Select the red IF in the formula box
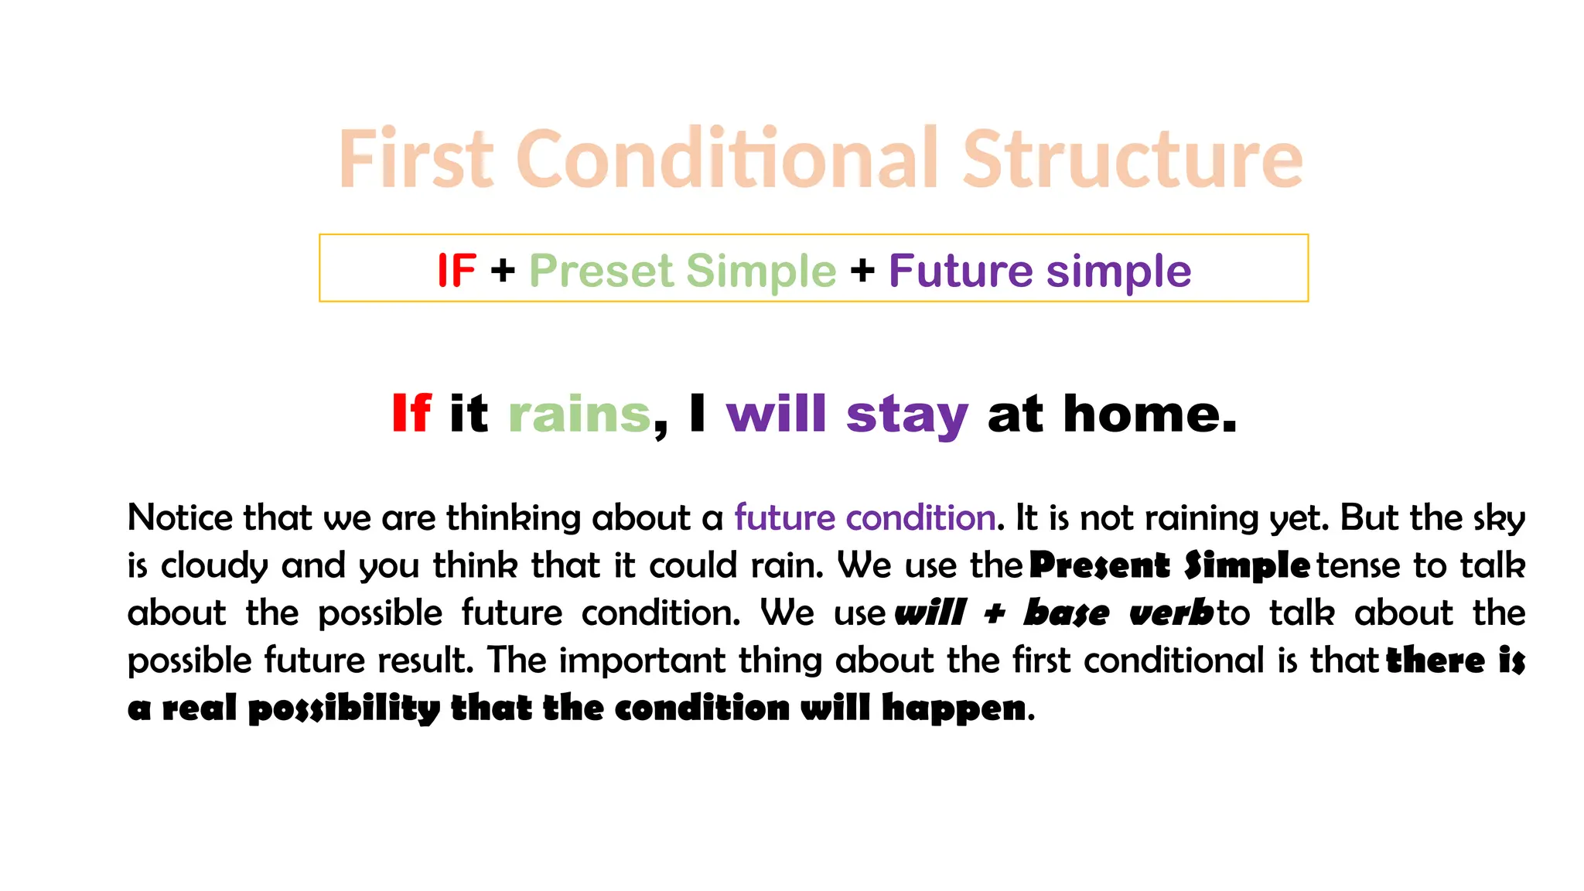point(456,271)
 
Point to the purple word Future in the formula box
point(960,271)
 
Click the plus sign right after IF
point(503,271)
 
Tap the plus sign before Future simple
point(862,271)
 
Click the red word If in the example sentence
point(411,413)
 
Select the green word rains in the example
point(579,415)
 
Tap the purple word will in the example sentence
point(777,413)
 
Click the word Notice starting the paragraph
point(179,517)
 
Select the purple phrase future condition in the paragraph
point(864,517)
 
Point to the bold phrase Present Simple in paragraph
point(1169,565)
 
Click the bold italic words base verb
point(1118,613)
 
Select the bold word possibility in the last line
point(343,708)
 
